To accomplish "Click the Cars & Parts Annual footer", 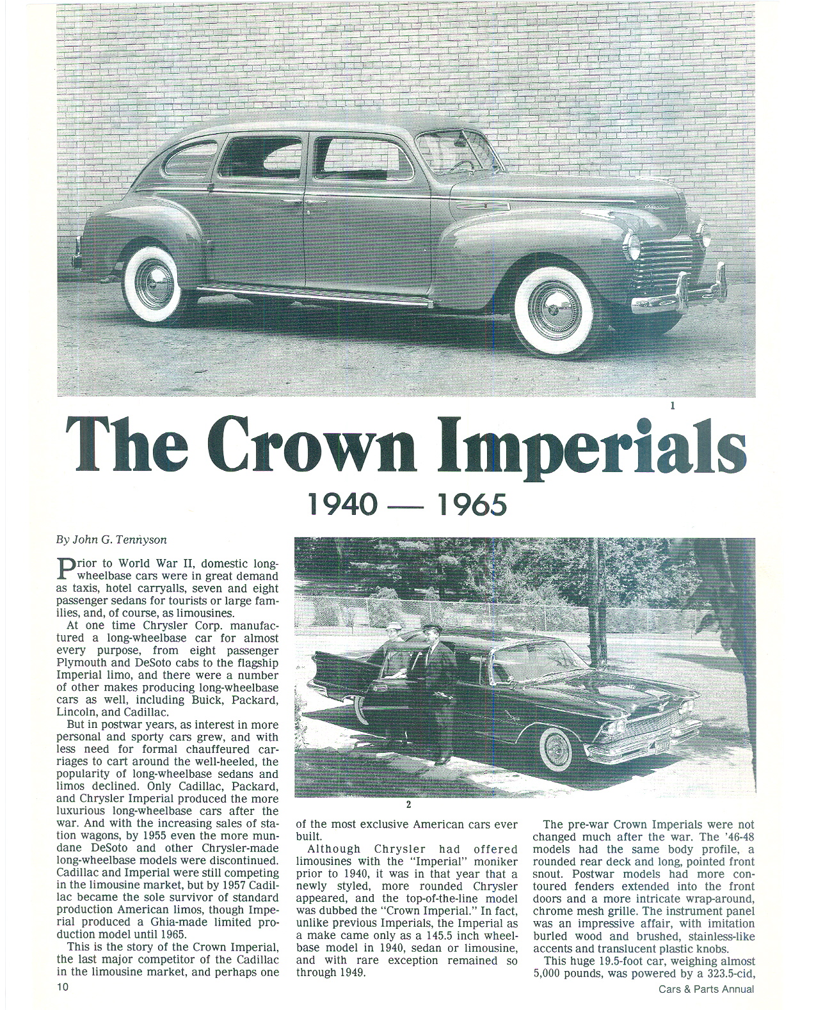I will coord(706,989).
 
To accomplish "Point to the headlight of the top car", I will coord(633,244).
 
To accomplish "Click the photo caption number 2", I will coord(407,805).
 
